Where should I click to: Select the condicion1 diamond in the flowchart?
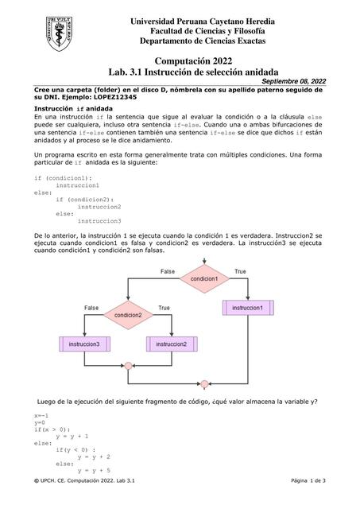pos(203,279)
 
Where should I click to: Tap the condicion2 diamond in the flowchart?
pos(128,315)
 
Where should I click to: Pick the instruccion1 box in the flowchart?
pos(248,307)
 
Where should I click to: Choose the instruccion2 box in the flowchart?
pos(171,344)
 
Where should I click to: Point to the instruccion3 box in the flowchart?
pos(83,344)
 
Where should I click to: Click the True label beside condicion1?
pos(240,272)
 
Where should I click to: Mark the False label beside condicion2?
pos(91,308)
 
